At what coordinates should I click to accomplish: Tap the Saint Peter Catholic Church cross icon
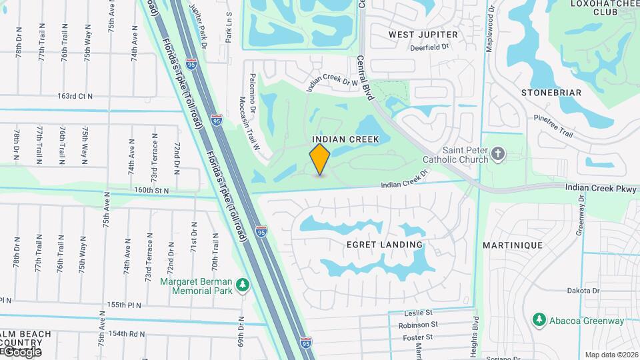click(x=497, y=155)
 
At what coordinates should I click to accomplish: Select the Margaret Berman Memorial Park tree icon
click(x=243, y=285)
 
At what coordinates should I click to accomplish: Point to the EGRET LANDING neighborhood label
click(x=385, y=245)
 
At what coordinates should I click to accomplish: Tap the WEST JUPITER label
click(x=423, y=34)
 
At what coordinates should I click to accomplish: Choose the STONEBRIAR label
click(x=551, y=93)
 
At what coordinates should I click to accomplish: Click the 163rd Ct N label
click(x=75, y=96)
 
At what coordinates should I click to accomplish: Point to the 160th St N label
click(x=151, y=190)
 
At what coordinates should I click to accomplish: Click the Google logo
click(x=22, y=351)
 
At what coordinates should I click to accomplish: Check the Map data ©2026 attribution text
click(x=611, y=355)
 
